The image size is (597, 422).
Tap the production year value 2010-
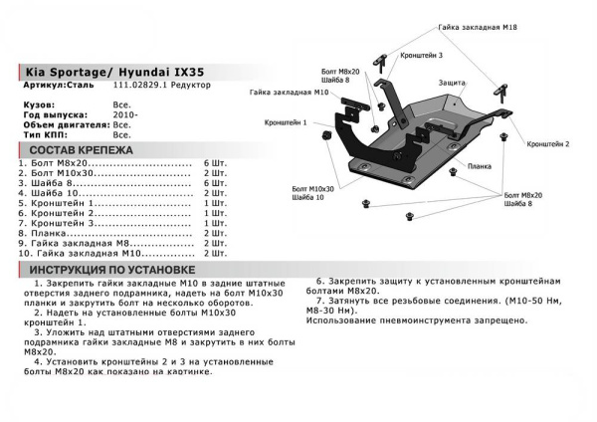125,114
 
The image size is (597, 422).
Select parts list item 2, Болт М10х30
62,172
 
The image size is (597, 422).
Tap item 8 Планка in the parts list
48,233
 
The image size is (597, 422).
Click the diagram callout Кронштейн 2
547,143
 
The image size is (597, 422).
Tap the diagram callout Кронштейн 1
286,121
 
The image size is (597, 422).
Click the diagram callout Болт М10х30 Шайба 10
314,191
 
